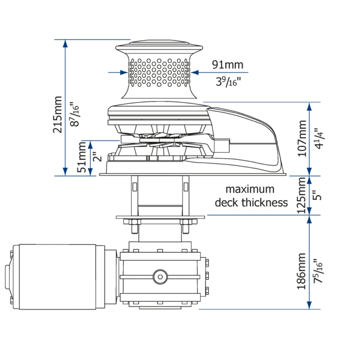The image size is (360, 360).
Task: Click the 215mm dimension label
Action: coord(57,114)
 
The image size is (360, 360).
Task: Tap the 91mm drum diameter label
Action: coord(227,65)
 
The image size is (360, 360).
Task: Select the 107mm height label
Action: coord(302,138)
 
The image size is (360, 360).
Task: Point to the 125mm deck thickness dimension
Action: coord(302,195)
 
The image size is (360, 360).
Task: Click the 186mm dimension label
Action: coord(302,271)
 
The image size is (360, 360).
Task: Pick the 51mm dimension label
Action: coord(82,157)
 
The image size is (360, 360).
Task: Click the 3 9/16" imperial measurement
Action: coord(228,82)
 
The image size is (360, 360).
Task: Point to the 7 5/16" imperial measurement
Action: coord(318,271)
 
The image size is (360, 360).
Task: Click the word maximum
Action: coord(250,189)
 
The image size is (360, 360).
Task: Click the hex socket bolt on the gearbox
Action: coord(160,277)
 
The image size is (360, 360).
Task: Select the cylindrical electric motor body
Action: coord(57,277)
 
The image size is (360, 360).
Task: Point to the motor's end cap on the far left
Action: coord(9,277)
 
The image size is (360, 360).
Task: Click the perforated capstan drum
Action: coord(159,73)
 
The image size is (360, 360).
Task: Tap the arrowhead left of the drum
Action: coord(124,73)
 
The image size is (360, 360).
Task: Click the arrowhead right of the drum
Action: coord(195,73)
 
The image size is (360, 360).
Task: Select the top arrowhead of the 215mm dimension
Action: coord(66,43)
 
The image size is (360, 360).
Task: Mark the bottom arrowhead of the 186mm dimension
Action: coord(309,305)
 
